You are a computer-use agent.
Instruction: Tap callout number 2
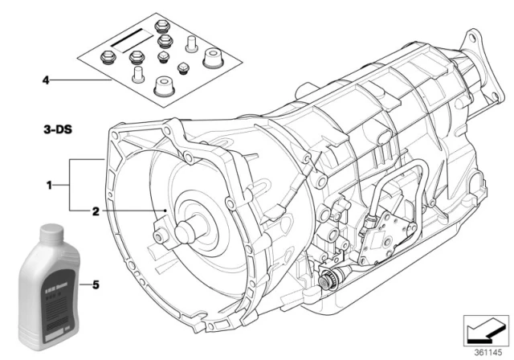pyautogui.click(x=96, y=212)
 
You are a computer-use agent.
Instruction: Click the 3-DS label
pyautogui.click(x=59, y=129)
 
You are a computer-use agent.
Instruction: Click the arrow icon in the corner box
pyautogui.click(x=487, y=329)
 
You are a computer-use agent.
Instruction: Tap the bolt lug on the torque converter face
pyautogui.click(x=161, y=236)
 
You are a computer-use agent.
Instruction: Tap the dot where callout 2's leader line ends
pyautogui.click(x=165, y=211)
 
